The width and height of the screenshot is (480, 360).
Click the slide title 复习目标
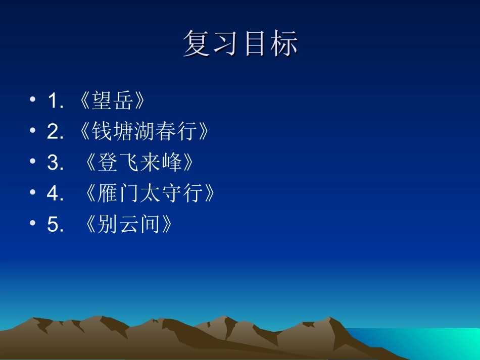[x=240, y=44]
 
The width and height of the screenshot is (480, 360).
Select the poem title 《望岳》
[x=113, y=101]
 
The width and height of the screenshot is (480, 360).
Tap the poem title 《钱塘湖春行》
[x=144, y=132]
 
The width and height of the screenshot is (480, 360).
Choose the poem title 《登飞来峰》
[x=139, y=163]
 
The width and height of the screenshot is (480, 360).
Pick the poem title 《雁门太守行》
[x=151, y=193]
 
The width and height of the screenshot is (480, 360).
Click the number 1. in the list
[x=55, y=101]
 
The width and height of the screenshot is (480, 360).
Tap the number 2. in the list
[x=55, y=132]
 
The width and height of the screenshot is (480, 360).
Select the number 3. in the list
[x=55, y=163]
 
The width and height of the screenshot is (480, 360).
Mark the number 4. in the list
[x=55, y=194]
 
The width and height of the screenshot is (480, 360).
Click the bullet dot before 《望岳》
[x=33, y=100]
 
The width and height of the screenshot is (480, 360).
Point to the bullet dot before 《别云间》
[x=33, y=223]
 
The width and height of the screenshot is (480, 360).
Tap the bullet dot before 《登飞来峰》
[x=33, y=162]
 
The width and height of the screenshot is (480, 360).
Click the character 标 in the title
[x=283, y=44]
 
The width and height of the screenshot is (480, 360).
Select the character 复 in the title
[x=197, y=44]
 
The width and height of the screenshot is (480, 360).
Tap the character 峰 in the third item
[x=171, y=163]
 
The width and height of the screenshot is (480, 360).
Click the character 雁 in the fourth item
[x=107, y=193]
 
